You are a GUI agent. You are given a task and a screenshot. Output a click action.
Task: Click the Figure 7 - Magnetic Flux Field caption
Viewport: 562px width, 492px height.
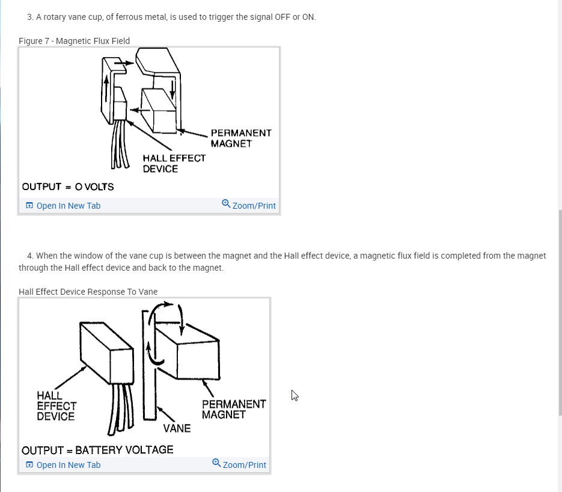(x=74, y=41)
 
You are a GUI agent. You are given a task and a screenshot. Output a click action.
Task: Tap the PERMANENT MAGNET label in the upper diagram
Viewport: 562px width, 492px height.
(x=241, y=138)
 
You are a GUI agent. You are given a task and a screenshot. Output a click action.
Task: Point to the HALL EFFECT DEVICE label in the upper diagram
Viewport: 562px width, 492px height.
(x=174, y=164)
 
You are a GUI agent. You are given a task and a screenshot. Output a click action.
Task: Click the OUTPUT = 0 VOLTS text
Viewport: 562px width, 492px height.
(x=68, y=187)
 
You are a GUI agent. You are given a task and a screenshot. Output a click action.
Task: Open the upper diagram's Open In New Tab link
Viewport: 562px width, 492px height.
(x=68, y=206)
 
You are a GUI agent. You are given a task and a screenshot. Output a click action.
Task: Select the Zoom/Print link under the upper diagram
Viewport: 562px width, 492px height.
(x=254, y=206)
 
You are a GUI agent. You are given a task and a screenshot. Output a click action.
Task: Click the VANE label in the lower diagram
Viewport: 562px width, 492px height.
(x=177, y=428)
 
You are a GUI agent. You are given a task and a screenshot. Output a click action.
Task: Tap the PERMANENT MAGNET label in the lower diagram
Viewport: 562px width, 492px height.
(x=234, y=409)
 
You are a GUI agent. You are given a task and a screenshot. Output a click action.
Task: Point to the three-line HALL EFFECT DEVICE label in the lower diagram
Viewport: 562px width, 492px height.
(x=57, y=406)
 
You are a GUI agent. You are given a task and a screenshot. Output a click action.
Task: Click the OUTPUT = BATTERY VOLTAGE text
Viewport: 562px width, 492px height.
(x=97, y=450)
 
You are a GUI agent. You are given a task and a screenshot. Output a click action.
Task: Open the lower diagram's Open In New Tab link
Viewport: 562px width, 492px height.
(x=68, y=465)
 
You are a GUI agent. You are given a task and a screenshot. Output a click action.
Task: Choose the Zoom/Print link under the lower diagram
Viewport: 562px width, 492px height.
(x=244, y=465)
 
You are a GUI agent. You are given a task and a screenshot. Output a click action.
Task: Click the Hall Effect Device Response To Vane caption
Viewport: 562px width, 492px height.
(x=88, y=292)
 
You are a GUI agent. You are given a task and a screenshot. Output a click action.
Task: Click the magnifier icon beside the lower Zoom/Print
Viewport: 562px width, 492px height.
(x=216, y=463)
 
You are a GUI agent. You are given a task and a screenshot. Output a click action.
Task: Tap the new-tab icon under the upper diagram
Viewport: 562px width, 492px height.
(x=29, y=206)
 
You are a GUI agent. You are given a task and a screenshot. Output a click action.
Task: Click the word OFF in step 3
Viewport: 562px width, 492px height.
(x=283, y=17)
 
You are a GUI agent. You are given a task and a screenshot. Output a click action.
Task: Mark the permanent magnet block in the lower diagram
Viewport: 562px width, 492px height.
(x=188, y=351)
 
